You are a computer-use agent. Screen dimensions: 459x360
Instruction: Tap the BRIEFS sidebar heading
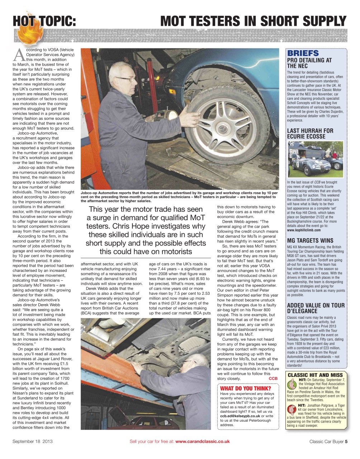coord(303,53)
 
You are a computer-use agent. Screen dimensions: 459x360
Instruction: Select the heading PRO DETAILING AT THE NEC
coord(309,63)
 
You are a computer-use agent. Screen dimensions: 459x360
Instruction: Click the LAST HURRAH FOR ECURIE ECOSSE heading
coord(310,133)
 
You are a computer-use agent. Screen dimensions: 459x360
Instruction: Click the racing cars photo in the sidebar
coord(316,159)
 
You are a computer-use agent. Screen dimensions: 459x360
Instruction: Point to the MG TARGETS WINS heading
coord(310,241)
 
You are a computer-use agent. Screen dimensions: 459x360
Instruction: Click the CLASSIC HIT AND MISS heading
coord(315,375)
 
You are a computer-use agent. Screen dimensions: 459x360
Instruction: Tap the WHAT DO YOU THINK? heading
coord(245,388)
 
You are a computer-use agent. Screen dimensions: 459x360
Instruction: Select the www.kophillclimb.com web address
coord(304,230)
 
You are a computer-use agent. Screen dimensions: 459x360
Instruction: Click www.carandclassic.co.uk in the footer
coord(203,441)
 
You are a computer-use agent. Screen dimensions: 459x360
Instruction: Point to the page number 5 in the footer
coord(346,441)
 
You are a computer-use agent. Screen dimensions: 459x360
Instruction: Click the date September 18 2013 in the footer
coord(33,441)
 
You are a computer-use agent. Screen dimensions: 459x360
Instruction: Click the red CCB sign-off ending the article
coord(273,378)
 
